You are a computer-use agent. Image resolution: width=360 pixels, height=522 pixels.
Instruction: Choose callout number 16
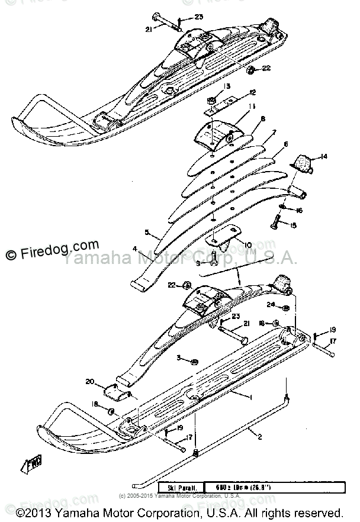tap(300, 210)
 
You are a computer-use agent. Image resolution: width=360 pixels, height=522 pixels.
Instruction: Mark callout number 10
tap(248, 244)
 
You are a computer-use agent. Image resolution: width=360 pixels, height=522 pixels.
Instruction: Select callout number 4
tap(135, 249)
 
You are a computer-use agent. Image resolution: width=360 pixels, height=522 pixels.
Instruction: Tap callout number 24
tap(270, 305)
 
